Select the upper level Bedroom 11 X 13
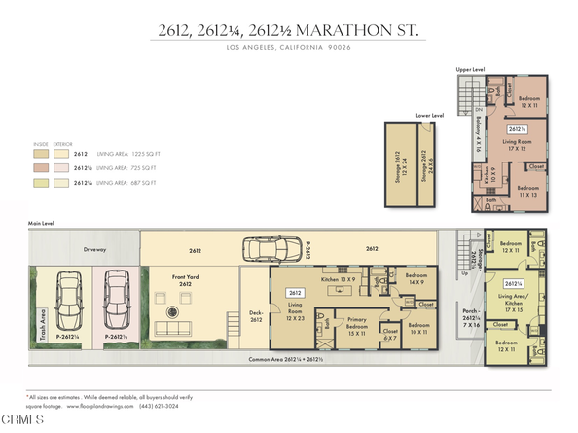[529, 191]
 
